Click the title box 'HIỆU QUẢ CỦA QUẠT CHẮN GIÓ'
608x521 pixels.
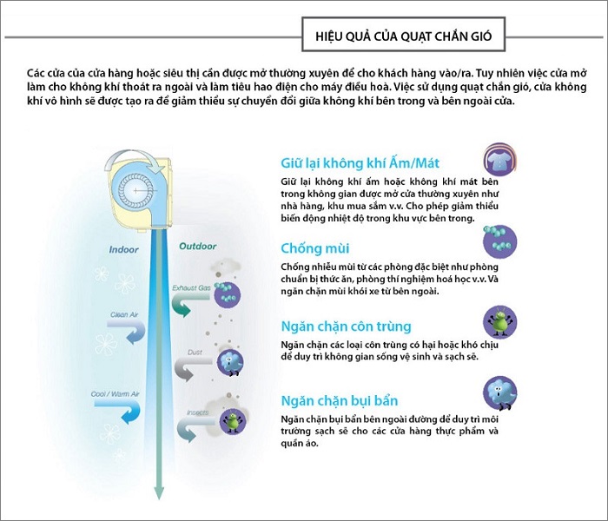[x=403, y=35]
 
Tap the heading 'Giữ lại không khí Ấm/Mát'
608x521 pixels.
[x=360, y=163]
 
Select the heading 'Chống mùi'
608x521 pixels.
[x=314, y=248]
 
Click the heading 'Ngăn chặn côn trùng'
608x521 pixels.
[x=346, y=326]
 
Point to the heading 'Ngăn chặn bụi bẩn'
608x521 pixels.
[x=340, y=400]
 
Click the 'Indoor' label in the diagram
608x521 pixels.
[x=123, y=250]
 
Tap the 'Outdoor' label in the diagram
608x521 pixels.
[x=198, y=246]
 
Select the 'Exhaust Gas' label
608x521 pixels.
[x=192, y=288]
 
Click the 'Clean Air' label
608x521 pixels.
[x=124, y=314]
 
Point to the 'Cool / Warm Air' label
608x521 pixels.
[x=115, y=394]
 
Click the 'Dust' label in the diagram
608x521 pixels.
[x=195, y=353]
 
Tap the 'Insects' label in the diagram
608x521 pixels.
[x=198, y=412]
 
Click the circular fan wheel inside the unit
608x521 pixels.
[x=135, y=191]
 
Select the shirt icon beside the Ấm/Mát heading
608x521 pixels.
[x=499, y=159]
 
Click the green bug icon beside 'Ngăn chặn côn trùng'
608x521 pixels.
[x=499, y=321]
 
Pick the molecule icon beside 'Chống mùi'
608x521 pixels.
[x=499, y=241]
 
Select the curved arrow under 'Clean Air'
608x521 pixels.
[x=130, y=331]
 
